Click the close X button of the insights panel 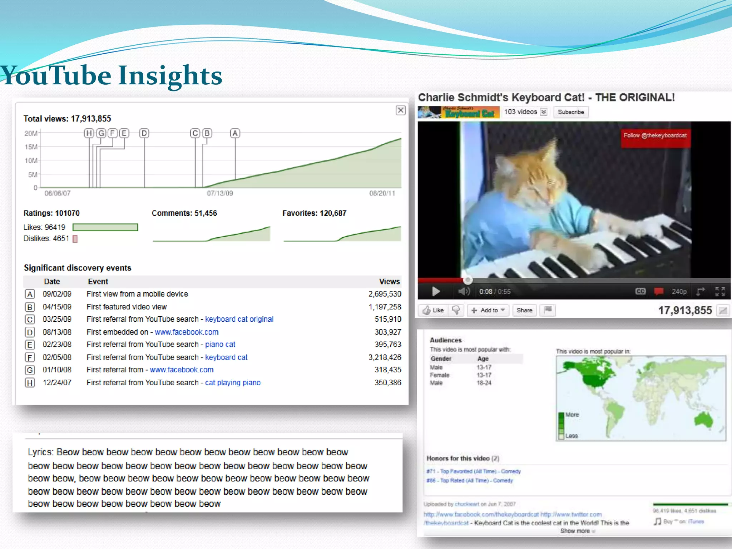pyautogui.click(x=401, y=110)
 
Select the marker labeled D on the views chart pyautogui.click(x=144, y=133)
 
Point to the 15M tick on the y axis pyautogui.click(x=31, y=147)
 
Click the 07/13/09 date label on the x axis pyautogui.click(x=220, y=193)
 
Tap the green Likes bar pyautogui.click(x=105, y=227)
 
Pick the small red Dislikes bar pyautogui.click(x=75, y=239)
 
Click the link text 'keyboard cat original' pyautogui.click(x=239, y=319)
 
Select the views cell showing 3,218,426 pyautogui.click(x=385, y=357)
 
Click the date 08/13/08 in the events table pyautogui.click(x=57, y=332)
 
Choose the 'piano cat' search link pyautogui.click(x=220, y=345)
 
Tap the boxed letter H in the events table pyautogui.click(x=30, y=383)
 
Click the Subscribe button pyautogui.click(x=571, y=112)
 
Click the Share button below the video pyautogui.click(x=524, y=310)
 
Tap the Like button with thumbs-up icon pyautogui.click(x=433, y=310)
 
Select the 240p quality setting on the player pyautogui.click(x=679, y=292)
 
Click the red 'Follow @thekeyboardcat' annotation pyautogui.click(x=655, y=136)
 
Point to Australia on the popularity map pyautogui.click(x=704, y=420)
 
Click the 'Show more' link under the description pyautogui.click(x=575, y=531)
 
